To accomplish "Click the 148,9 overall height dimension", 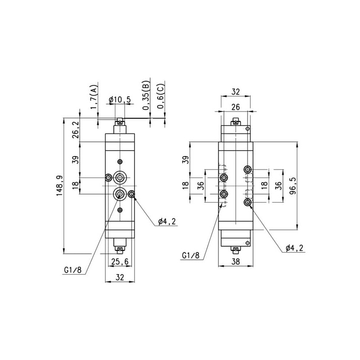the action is tap(60, 185).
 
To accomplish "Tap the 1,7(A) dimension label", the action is tap(94, 97).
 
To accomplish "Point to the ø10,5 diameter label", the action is tap(120, 99).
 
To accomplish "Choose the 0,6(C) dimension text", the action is tap(161, 97).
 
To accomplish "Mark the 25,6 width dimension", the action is tap(120, 261).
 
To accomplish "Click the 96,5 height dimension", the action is tap(293, 186).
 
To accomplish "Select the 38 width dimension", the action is tap(236, 261).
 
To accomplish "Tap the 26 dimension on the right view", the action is tap(236, 107).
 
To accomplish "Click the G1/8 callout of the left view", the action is tap(73, 270).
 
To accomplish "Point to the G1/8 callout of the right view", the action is tap(191, 256).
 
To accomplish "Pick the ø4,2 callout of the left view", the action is tap(167, 221).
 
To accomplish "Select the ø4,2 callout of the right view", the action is tap(295, 248).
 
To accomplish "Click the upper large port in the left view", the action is tap(120, 177).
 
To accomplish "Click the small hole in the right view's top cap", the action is tap(247, 129).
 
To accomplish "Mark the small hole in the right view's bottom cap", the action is tap(247, 243).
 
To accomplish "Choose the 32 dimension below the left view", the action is tap(120, 277).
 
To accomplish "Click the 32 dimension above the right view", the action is tap(236, 92).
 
